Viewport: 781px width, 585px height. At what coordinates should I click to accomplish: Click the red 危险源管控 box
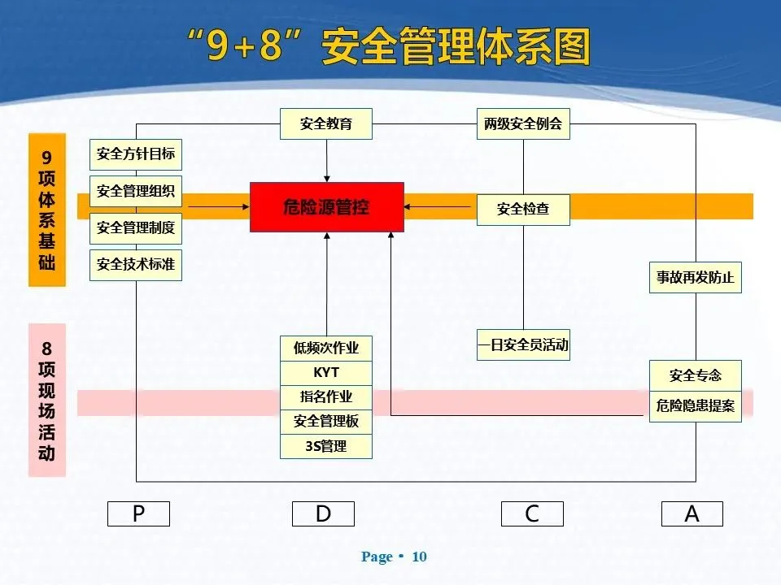pos(326,207)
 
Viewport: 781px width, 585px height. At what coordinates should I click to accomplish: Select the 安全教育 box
pos(325,124)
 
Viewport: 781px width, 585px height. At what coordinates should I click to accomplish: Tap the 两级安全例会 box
pos(522,124)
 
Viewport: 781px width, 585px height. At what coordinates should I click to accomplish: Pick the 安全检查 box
pos(522,209)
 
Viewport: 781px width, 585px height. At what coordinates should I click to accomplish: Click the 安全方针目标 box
pos(135,154)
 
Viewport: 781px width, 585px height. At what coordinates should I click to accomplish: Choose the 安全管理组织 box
pos(135,192)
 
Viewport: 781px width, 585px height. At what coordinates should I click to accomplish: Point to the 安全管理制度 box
pos(135,227)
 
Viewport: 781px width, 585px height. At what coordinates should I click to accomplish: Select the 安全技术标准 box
pos(135,264)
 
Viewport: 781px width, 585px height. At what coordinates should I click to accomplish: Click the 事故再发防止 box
pos(695,277)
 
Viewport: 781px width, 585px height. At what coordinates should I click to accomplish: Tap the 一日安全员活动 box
pos(522,345)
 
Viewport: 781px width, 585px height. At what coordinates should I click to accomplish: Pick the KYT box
pos(325,372)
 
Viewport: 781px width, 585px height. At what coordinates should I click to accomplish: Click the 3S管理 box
pos(325,446)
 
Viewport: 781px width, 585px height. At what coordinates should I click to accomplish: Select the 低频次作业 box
pos(325,349)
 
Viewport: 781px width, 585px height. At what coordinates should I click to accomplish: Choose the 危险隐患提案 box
pos(695,405)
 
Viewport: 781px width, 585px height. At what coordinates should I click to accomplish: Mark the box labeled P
pos(138,513)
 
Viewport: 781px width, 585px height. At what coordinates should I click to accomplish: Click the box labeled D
pos(323,513)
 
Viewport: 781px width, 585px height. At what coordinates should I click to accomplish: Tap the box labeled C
pos(532,513)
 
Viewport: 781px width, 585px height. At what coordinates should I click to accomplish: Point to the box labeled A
pos(692,513)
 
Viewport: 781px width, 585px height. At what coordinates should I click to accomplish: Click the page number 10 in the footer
pos(420,557)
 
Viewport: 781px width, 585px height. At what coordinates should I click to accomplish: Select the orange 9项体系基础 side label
pos(46,210)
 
